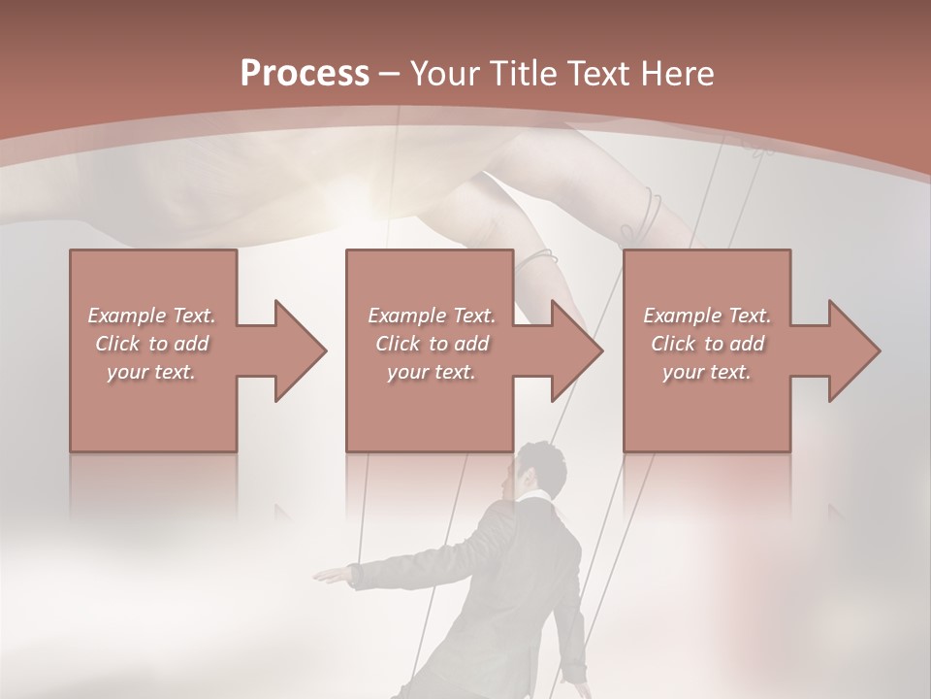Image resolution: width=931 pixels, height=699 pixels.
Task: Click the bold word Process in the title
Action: click(x=305, y=73)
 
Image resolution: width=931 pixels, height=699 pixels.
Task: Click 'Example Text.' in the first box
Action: click(x=151, y=316)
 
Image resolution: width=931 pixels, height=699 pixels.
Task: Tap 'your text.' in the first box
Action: click(x=151, y=372)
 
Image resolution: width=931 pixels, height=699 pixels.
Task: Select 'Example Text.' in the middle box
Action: click(x=432, y=316)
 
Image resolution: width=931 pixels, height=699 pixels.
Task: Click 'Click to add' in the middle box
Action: click(x=432, y=344)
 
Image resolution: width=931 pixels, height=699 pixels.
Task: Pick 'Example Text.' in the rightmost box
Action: click(x=707, y=316)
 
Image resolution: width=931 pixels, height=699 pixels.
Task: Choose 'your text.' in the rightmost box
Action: click(x=707, y=372)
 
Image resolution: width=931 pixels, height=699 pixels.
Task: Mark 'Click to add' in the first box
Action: click(x=151, y=344)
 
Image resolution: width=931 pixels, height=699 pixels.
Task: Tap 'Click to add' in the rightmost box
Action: click(x=707, y=344)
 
